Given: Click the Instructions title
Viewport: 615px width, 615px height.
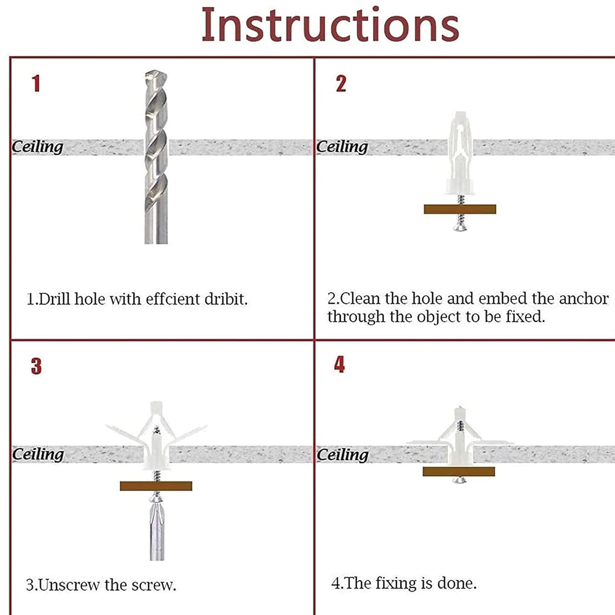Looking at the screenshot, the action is point(330,25).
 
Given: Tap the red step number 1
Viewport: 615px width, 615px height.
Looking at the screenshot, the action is point(36,84).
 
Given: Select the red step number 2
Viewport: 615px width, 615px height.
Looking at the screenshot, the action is point(341,84).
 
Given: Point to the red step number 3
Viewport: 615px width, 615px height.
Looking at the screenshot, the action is point(36,366).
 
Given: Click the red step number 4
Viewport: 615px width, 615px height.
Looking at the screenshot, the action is point(339,364).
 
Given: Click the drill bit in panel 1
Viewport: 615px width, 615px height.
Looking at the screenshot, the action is point(156,157).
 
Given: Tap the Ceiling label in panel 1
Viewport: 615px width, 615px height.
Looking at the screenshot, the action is point(37,147).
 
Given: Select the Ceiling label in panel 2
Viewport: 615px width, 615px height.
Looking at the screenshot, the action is point(342,147).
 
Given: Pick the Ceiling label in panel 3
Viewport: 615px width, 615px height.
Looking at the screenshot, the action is point(38,454).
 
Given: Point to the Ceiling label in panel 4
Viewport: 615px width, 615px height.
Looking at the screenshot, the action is point(342,455).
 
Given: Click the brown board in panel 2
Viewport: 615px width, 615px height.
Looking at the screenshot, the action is point(460,209).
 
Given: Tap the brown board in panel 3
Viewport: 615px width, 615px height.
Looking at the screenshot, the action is point(156,486).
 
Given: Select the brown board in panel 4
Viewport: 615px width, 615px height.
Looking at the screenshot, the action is point(459,471).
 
